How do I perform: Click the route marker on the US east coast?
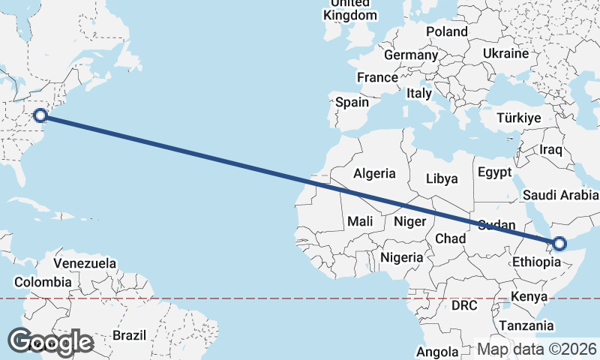click(x=41, y=115)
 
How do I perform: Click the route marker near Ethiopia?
click(x=559, y=244)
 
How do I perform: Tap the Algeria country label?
click(x=374, y=173)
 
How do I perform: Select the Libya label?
click(x=441, y=178)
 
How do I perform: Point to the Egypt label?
click(x=493, y=171)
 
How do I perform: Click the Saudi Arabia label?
click(x=561, y=195)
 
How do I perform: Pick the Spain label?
click(x=352, y=102)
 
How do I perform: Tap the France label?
click(x=377, y=77)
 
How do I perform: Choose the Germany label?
click(x=410, y=55)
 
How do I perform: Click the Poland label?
click(x=446, y=31)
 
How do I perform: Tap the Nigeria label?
click(x=402, y=257)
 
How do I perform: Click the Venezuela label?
click(x=85, y=263)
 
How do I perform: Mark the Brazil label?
click(x=129, y=335)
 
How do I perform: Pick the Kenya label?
click(x=529, y=296)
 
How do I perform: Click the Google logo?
click(x=51, y=343)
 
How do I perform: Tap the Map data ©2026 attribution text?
click(x=537, y=349)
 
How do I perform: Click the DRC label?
click(x=464, y=306)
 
